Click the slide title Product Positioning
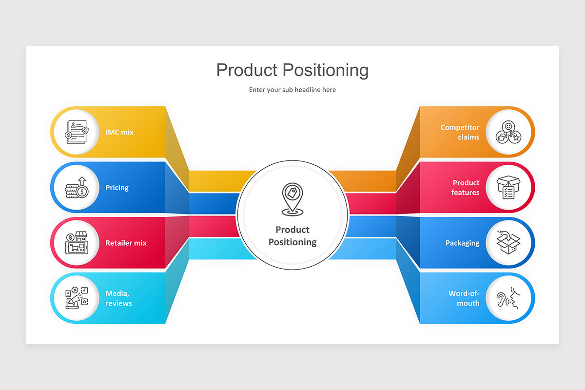pos(292,70)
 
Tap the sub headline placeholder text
pos(292,90)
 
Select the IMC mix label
pos(119,132)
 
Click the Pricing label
pos(117,188)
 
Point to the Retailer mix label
pos(126,243)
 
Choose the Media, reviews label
pos(118,298)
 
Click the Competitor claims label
pos(460,132)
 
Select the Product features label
pos(466,188)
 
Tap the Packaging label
pos(462,243)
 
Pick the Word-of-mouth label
pos(464,298)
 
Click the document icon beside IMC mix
pos(76,132)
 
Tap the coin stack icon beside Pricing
pos(76,188)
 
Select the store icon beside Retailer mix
pos(76,243)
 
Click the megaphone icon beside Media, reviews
pos(76,298)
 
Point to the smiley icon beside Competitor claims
pos(508,132)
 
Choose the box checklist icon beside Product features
pos(508,188)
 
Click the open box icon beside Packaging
pos(508,243)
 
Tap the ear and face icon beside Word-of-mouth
pos(508,298)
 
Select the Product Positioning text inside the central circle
pos(292,235)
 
